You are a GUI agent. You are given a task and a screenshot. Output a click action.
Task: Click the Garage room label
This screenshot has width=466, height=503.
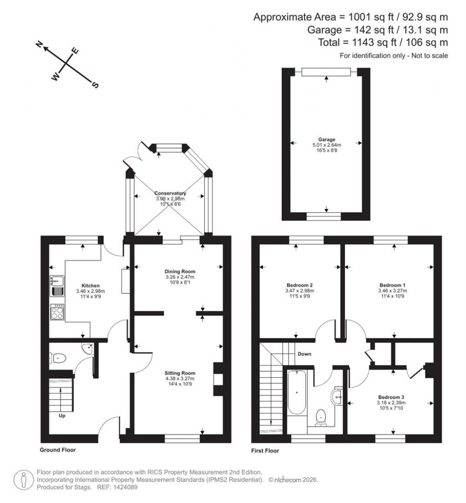click(x=327, y=140)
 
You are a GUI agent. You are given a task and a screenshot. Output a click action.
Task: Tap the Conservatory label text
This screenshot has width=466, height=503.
click(x=170, y=193)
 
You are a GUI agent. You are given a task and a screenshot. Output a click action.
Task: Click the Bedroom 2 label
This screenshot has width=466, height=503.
click(x=296, y=285)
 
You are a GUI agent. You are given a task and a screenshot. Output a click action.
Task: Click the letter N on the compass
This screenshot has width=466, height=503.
click(x=40, y=44)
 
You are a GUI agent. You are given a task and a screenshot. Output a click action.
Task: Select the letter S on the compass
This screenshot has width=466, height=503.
click(x=95, y=85)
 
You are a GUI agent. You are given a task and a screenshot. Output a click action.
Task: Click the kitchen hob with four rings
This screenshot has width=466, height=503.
click(x=57, y=313)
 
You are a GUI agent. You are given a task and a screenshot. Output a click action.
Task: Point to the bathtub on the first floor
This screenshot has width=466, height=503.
click(x=297, y=392)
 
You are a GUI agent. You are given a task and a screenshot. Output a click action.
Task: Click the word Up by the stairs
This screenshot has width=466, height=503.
click(x=62, y=416)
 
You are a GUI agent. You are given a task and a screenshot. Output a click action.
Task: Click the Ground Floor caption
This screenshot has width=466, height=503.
click(x=57, y=450)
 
